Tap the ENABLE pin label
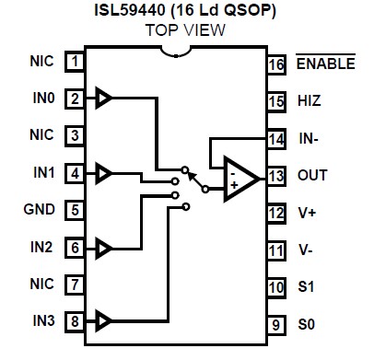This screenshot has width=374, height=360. (324, 64)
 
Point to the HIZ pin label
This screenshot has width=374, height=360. (309, 100)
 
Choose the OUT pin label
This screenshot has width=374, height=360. (311, 174)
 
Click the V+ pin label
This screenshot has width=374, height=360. (307, 212)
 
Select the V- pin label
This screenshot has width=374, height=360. (306, 249)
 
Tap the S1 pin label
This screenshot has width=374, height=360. (306, 287)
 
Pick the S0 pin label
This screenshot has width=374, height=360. (306, 324)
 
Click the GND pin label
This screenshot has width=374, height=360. (41, 209)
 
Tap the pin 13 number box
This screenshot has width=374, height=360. (275, 174)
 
